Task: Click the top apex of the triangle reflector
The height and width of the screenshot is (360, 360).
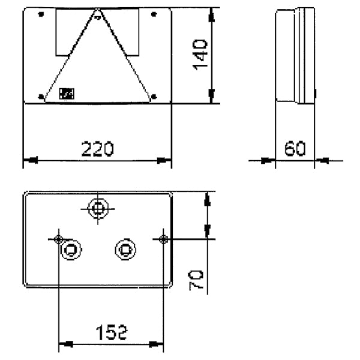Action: pyautogui.click(x=97, y=11)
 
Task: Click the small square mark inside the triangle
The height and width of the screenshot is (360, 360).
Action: pyautogui.click(x=66, y=93)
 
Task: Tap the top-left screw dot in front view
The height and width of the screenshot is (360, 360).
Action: pyautogui.click(x=40, y=15)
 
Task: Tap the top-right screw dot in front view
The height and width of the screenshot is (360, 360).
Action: pyautogui.click(x=155, y=15)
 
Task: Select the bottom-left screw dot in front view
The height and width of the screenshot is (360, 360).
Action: pyautogui.click(x=40, y=96)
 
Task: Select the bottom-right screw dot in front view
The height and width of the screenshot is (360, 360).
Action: pyautogui.click(x=155, y=96)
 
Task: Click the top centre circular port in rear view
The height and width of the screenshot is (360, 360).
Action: pyautogui.click(x=97, y=209)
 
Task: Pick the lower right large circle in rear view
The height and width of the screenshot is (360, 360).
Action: pyautogui.click(x=124, y=247)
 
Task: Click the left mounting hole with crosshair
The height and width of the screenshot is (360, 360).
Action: pyautogui.click(x=58, y=239)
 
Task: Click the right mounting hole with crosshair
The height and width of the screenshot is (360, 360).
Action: pyautogui.click(x=163, y=239)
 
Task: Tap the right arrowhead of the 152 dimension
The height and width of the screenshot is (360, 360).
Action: pyautogui.click(x=159, y=344)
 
